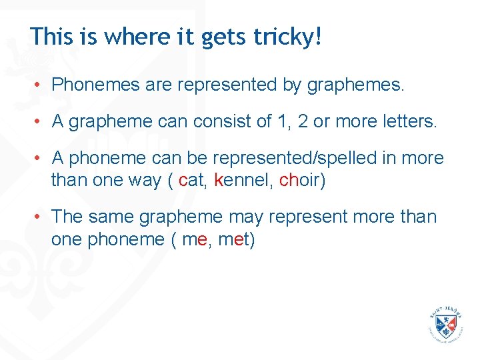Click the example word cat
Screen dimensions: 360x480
(194, 179)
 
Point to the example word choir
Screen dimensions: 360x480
(302, 179)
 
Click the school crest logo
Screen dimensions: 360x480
(445, 325)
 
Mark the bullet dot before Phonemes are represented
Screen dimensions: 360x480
(39, 85)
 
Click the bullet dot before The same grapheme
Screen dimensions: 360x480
(39, 217)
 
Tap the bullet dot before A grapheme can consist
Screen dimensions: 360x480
(39, 122)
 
